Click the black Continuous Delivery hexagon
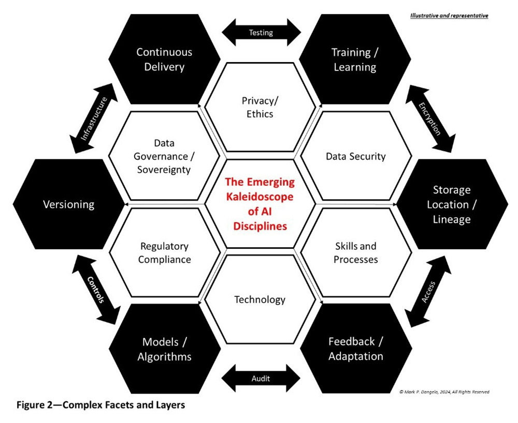[164, 59]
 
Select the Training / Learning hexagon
[354, 59]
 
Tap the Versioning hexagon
[68, 204]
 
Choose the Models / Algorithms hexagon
[164, 349]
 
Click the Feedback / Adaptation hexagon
[355, 349]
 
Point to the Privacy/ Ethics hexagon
[260, 107]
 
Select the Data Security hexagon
[355, 156]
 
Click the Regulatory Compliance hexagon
[164, 252]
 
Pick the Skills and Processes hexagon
[355, 252]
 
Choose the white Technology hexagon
[260, 300]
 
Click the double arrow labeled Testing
[261, 33]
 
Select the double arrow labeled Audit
[261, 377]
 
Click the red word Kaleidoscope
[260, 197]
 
